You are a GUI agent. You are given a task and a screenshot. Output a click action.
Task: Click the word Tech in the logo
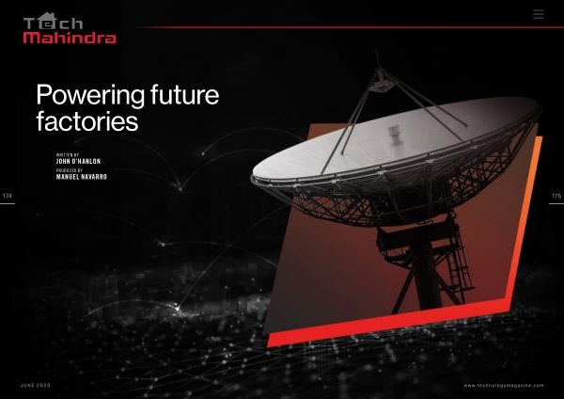(x=54, y=22)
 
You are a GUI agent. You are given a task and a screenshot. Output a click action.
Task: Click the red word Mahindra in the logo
(x=70, y=38)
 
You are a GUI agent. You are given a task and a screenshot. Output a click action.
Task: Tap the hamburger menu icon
(x=539, y=14)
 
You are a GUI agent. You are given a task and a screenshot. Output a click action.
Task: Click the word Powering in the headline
(x=90, y=96)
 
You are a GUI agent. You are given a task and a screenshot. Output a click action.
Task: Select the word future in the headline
(x=185, y=94)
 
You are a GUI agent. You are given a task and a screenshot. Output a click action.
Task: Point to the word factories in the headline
(x=87, y=121)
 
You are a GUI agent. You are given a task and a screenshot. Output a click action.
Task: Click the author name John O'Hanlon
(x=78, y=161)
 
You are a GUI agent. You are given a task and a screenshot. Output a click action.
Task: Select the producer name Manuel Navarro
(x=81, y=177)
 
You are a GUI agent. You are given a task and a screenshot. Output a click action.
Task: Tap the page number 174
(x=8, y=196)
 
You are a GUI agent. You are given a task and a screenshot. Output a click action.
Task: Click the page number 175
(x=556, y=197)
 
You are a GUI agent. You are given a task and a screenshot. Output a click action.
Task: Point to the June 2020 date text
(x=36, y=385)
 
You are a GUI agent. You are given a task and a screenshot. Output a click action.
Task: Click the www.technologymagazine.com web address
(x=504, y=386)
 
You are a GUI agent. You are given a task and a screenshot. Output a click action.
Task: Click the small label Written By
(x=68, y=155)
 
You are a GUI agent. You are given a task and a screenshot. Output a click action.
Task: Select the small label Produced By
(x=70, y=170)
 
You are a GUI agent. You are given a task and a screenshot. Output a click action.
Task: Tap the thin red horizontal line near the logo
(x=351, y=27)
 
